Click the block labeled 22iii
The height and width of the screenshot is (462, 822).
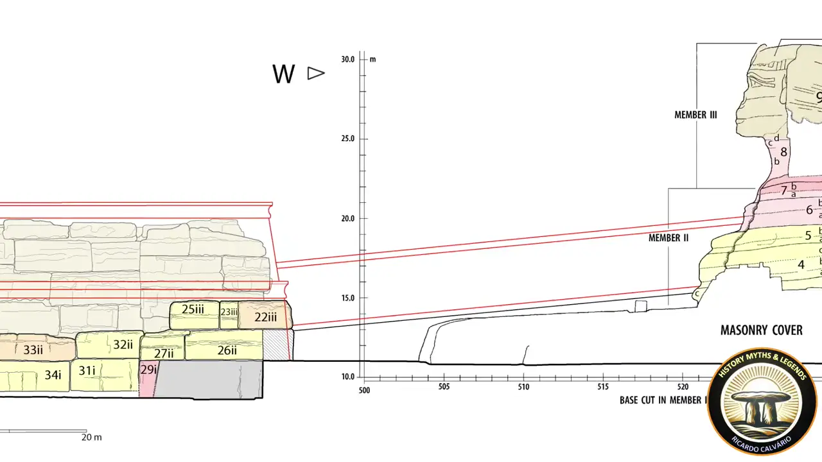265,315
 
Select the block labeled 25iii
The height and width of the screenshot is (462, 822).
195,315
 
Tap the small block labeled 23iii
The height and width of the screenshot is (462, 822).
229,315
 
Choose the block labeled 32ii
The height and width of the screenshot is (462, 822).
109,345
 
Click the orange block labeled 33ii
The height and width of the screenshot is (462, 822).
37,348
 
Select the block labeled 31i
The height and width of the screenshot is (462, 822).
105,375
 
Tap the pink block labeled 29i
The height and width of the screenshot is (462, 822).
148,378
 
